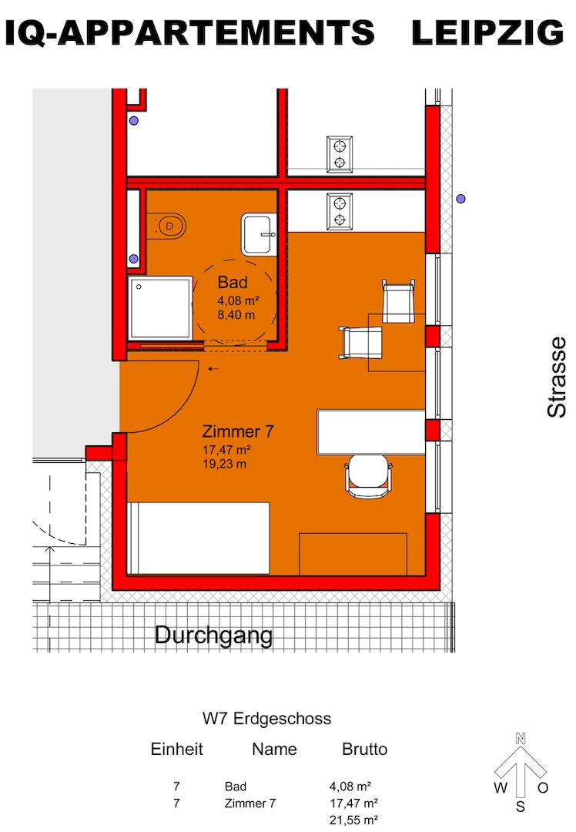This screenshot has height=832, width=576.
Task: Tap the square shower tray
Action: [x=159, y=308]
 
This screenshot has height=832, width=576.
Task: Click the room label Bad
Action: [x=233, y=281]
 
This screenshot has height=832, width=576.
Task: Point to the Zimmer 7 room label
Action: [x=238, y=431]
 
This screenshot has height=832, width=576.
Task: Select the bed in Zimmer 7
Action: [x=198, y=538]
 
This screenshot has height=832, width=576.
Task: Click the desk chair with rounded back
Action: [x=369, y=475]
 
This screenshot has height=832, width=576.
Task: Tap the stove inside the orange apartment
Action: [x=339, y=210]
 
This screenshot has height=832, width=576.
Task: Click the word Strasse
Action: [x=557, y=377]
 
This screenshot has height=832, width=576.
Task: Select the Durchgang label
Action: [x=214, y=636]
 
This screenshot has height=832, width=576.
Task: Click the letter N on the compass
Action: [x=521, y=739]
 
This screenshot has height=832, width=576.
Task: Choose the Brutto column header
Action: [x=364, y=749]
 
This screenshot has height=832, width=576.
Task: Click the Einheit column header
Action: [x=176, y=749]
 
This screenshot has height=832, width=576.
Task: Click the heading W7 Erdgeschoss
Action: [x=266, y=719]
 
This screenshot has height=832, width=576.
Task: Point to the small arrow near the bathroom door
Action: [x=213, y=369]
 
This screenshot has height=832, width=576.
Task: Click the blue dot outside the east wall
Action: [x=460, y=199]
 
